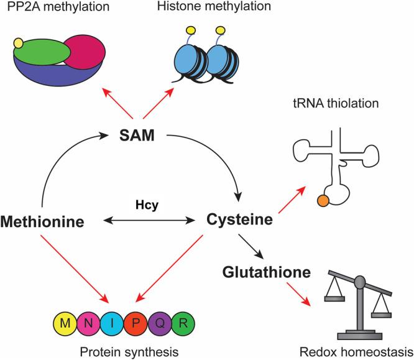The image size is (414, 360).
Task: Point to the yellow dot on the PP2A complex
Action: coord(19,43)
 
